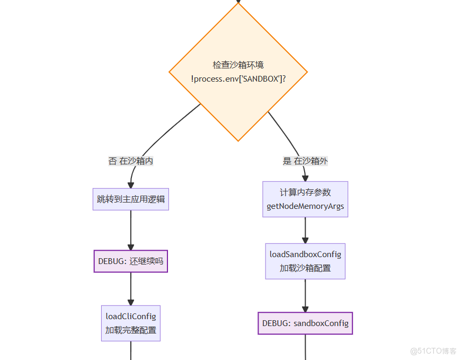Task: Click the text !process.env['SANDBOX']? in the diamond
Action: click(x=238, y=78)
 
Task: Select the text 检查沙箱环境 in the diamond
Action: click(x=238, y=65)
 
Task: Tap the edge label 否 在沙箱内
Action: click(x=131, y=161)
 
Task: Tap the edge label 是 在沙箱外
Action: click(x=305, y=161)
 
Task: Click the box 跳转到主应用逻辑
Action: click(x=131, y=199)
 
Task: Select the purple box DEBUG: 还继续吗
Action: click(x=131, y=261)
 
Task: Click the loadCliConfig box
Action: click(x=131, y=323)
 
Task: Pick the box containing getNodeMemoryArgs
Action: click(x=305, y=199)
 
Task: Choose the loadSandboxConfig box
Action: click(x=305, y=261)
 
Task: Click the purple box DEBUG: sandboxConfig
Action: click(x=305, y=323)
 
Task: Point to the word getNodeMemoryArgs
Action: click(x=305, y=206)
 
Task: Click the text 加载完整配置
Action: click(x=131, y=330)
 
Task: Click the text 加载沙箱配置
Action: click(x=305, y=268)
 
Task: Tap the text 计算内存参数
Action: click(x=305, y=192)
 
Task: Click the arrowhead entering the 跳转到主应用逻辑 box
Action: click(x=131, y=185)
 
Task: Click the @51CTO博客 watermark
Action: click(x=433, y=351)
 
